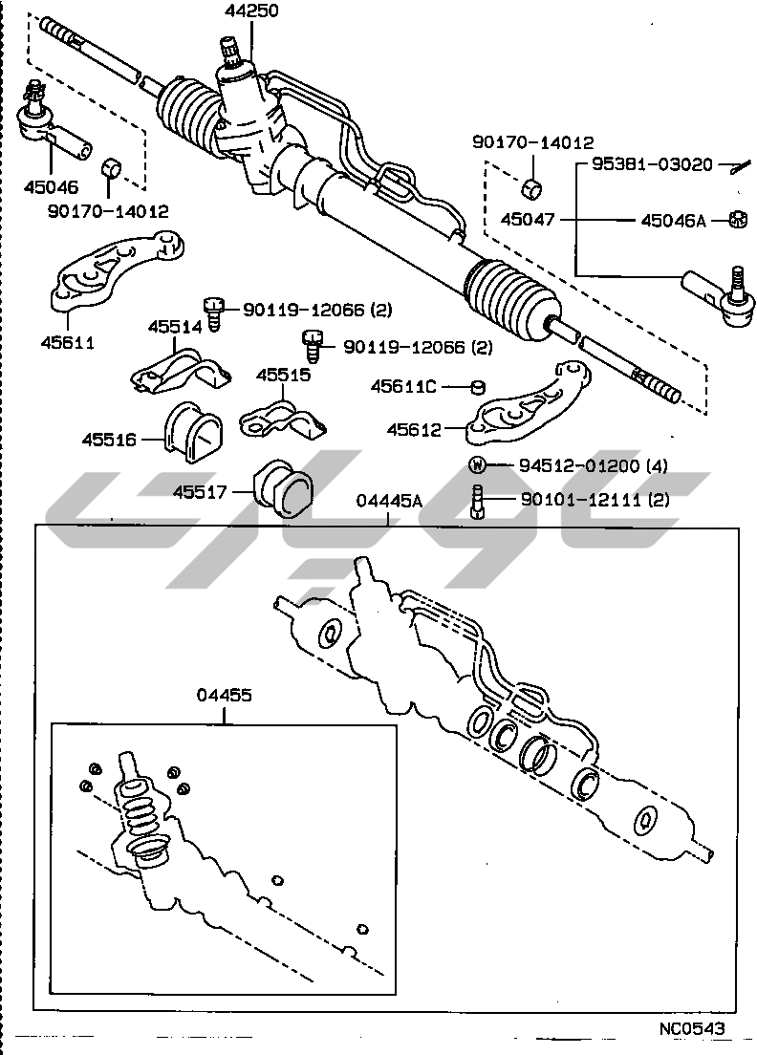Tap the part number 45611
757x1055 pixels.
68,340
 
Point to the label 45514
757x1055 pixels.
174,327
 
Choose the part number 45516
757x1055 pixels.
108,441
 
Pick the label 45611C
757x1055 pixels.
403,386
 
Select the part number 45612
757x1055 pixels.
414,430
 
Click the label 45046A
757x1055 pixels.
672,221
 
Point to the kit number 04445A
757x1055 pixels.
387,502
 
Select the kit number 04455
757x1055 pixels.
225,696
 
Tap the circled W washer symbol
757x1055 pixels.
478,466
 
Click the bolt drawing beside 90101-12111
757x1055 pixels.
478,501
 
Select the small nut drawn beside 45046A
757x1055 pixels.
736,219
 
